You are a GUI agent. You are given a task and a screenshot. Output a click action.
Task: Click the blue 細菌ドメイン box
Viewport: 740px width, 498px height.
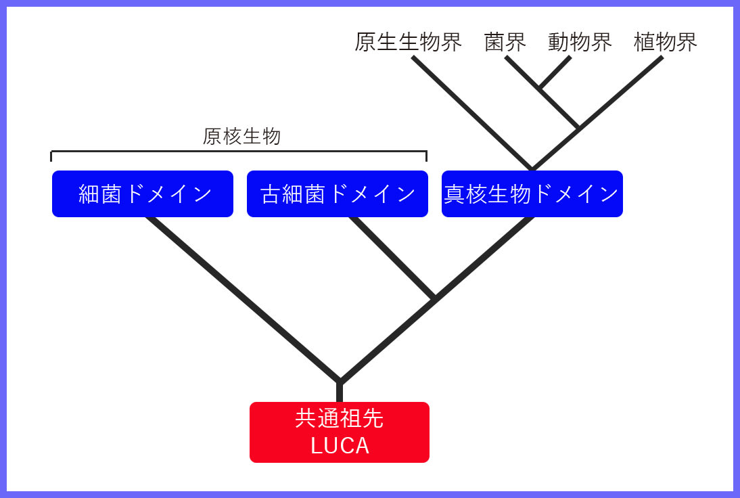click(x=143, y=194)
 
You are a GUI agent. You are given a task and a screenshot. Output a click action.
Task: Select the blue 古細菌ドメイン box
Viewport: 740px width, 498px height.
click(x=338, y=194)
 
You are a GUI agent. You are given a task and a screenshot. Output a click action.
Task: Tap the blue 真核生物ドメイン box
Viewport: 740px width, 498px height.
click(x=532, y=194)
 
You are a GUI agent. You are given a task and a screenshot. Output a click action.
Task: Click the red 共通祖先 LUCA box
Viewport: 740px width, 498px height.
click(x=340, y=432)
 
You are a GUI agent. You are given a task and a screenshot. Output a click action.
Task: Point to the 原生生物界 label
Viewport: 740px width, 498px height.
click(x=408, y=43)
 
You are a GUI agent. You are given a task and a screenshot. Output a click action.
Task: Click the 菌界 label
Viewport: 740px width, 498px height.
click(x=505, y=43)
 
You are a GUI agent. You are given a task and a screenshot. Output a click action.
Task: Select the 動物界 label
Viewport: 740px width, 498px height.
click(x=580, y=43)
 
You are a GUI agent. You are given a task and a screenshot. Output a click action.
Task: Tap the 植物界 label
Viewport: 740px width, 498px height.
click(x=665, y=43)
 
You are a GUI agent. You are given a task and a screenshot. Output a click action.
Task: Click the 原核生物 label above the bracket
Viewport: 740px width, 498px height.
click(x=241, y=137)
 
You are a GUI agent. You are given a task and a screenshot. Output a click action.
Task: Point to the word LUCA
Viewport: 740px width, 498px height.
click(x=340, y=446)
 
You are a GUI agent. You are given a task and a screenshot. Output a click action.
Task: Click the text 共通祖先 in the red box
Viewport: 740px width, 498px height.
click(x=340, y=419)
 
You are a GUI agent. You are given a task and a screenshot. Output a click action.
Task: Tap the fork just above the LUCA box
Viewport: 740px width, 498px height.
click(x=340, y=382)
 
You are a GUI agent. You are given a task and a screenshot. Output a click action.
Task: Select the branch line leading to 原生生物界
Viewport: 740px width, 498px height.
click(x=471, y=113)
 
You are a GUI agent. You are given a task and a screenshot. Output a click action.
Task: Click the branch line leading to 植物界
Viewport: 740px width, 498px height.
click(x=621, y=92)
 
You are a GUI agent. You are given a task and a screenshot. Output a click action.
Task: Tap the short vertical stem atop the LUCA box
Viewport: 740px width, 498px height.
click(x=340, y=392)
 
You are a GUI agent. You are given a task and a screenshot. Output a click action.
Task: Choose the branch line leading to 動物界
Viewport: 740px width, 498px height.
click(x=555, y=72)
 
